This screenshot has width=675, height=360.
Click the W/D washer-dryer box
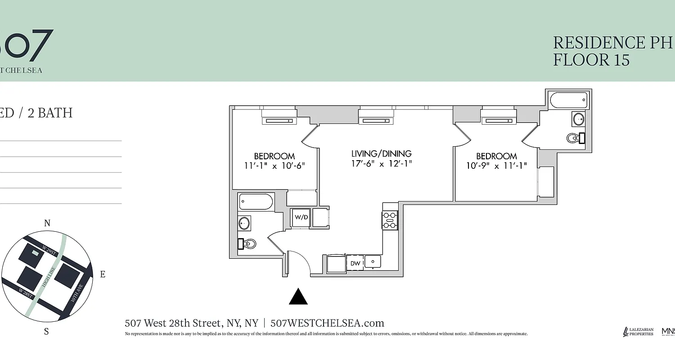click(x=301, y=217)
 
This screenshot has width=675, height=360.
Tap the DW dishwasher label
click(x=355, y=263)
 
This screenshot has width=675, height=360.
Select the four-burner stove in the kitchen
click(x=389, y=220)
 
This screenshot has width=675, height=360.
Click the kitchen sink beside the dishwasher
click(x=373, y=261)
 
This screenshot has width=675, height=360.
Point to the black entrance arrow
click(x=298, y=297)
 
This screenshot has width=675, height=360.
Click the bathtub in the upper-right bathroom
click(x=569, y=100)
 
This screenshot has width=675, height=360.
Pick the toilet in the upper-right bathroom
click(x=574, y=138)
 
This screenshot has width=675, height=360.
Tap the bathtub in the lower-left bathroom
click(x=256, y=202)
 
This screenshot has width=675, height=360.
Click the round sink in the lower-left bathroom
click(x=244, y=223)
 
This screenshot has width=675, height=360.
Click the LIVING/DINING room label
click(x=382, y=154)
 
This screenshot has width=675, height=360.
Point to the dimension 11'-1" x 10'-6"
click(x=274, y=165)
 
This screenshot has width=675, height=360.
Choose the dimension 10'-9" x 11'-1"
click(x=496, y=166)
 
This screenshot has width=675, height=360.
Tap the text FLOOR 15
click(x=591, y=60)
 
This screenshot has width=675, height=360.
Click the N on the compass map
click(x=47, y=223)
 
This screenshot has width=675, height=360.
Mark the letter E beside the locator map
click(x=103, y=274)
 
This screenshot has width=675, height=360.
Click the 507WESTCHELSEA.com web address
click(x=328, y=323)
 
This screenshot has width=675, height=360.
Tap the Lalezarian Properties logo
click(x=638, y=332)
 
